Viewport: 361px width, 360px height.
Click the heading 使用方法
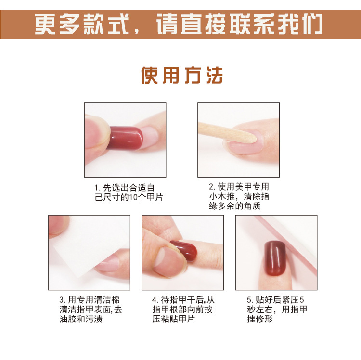click(182, 75)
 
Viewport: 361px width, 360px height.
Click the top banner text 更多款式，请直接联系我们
click(179, 24)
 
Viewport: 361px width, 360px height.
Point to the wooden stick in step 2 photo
click(227, 133)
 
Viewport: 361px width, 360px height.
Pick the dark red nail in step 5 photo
click(275, 258)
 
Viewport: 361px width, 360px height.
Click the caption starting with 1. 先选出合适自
click(129, 193)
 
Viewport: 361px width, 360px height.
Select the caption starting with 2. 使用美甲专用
click(239, 196)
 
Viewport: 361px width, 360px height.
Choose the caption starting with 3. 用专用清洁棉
click(90, 309)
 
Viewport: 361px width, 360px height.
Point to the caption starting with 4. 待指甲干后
click(183, 309)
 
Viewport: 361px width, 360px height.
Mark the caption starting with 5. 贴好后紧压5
click(277, 309)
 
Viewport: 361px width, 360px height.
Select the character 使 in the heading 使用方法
click(149, 75)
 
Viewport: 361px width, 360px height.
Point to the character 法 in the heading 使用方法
click(215, 75)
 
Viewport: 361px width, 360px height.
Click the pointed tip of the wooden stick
click(256, 139)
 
